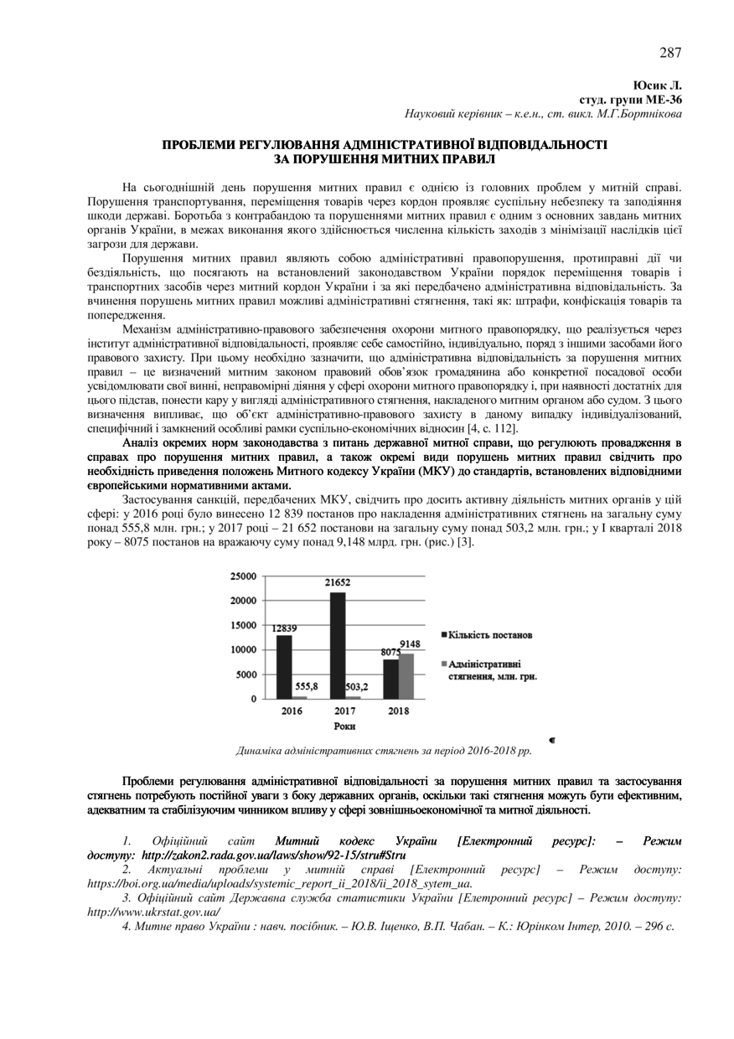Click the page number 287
coord(669,53)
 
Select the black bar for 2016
coord(285,667)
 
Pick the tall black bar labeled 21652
coord(338,645)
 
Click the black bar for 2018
coord(390,679)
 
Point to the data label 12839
coord(284,628)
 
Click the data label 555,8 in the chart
coord(306,685)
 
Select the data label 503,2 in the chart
coord(359,685)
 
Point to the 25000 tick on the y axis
coord(242,576)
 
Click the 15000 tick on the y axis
coord(242,625)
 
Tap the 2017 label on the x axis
coord(345,711)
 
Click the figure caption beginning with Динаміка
coord(385,751)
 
